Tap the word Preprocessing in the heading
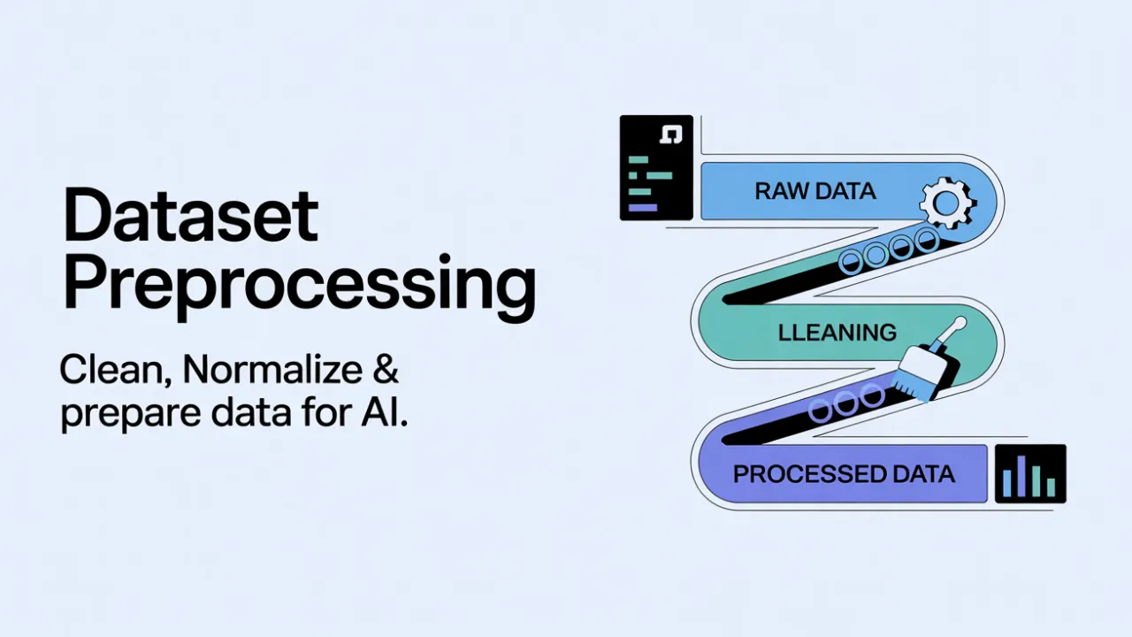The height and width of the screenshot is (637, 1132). pyautogui.click(x=299, y=286)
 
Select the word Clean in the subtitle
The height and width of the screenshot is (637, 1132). pyautogui.click(x=113, y=371)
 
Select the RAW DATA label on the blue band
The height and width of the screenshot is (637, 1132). pyautogui.click(x=815, y=191)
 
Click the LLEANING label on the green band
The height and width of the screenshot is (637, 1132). pyautogui.click(x=837, y=333)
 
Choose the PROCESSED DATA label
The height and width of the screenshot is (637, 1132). pyautogui.click(x=844, y=474)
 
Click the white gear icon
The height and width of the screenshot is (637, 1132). pyautogui.click(x=946, y=202)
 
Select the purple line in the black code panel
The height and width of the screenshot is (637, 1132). pyautogui.click(x=642, y=207)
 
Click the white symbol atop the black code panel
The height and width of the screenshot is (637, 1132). pyautogui.click(x=672, y=134)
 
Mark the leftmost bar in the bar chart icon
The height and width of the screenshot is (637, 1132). pyautogui.click(x=1006, y=483)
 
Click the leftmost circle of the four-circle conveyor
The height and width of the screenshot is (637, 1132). pyautogui.click(x=851, y=261)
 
